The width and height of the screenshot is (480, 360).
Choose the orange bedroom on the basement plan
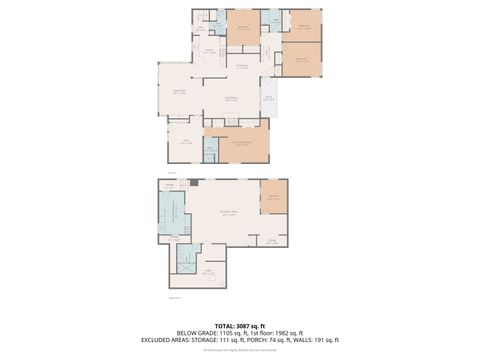click(x=274, y=197)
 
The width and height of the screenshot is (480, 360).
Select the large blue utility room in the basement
click(x=171, y=212)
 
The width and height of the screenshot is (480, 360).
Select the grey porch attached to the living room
click(x=270, y=98)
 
